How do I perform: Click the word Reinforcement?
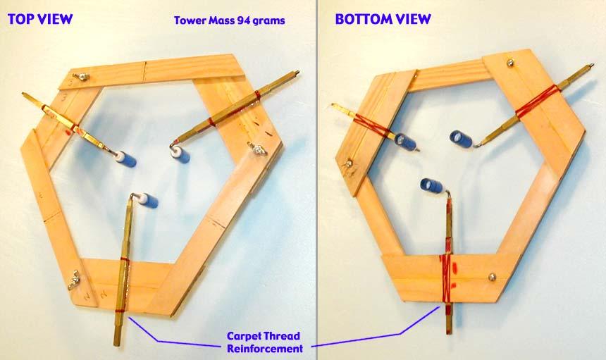[265, 349]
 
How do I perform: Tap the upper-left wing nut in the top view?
[81, 77]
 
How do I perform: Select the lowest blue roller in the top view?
[148, 201]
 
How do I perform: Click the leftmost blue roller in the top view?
[126, 159]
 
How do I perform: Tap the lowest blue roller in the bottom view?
[432, 186]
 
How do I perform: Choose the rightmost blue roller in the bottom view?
[461, 139]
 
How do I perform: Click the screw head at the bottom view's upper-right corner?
[511, 62]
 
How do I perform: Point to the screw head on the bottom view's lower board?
[492, 277]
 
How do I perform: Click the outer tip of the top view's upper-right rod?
[297, 71]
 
